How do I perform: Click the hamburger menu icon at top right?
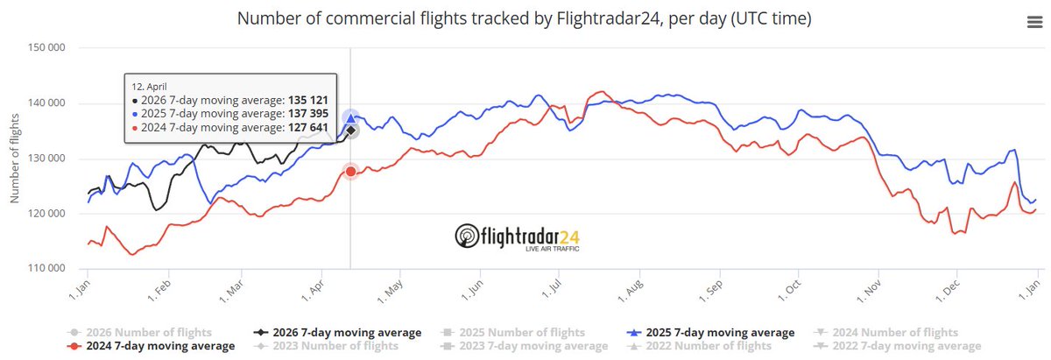click(x=1033, y=24)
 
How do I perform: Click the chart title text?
click(x=523, y=18)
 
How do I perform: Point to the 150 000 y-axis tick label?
click(x=48, y=49)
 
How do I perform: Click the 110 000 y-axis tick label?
click(x=48, y=269)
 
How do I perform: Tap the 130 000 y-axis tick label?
click(x=48, y=159)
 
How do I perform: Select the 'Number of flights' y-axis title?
click(x=15, y=159)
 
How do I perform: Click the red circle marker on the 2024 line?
click(x=350, y=172)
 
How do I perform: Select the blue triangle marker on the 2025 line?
click(x=350, y=117)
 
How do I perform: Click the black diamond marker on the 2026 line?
click(x=350, y=131)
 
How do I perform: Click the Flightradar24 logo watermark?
click(x=517, y=236)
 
